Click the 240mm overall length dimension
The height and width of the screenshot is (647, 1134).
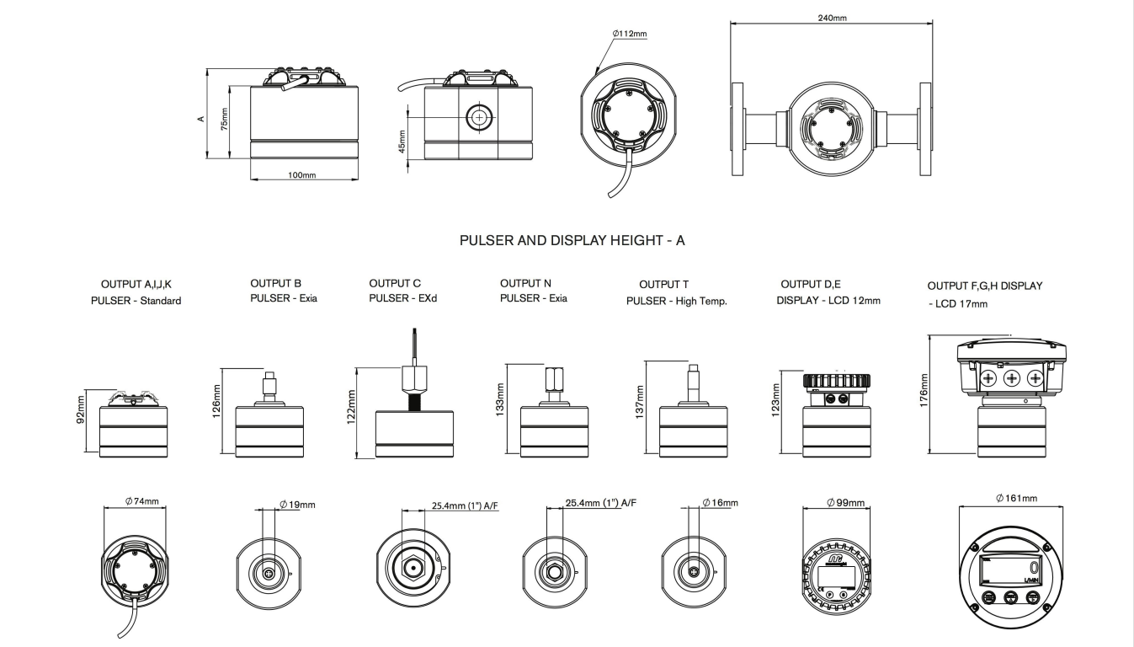click(x=833, y=18)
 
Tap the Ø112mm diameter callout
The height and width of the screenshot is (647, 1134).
click(x=630, y=35)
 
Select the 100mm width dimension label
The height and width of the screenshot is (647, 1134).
click(x=302, y=175)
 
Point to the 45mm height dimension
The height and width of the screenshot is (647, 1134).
click(x=402, y=141)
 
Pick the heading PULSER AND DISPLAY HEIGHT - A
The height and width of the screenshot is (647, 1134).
click(x=572, y=241)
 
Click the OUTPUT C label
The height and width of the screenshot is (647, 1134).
click(x=395, y=284)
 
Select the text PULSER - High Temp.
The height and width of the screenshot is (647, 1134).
click(x=676, y=301)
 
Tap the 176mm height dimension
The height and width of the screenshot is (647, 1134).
click(x=924, y=393)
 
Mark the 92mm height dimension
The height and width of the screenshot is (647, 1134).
click(x=82, y=417)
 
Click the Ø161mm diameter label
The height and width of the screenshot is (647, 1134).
click(x=1015, y=499)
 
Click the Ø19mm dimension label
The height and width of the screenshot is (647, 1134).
click(x=297, y=505)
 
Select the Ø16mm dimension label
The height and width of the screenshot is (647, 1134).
click(x=720, y=503)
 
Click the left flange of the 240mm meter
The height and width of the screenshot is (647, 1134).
click(x=737, y=130)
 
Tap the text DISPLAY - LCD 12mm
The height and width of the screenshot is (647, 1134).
click(x=828, y=300)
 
